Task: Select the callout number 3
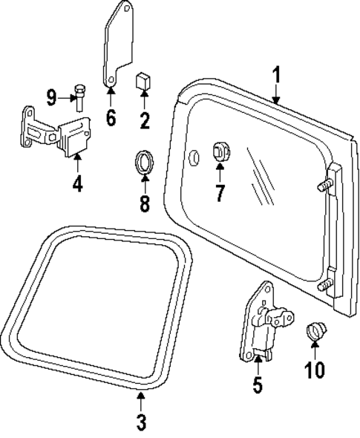click(x=140, y=423)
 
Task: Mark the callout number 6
click(x=111, y=117)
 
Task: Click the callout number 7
click(x=219, y=193)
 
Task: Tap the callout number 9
click(x=51, y=96)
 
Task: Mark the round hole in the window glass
click(x=194, y=157)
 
